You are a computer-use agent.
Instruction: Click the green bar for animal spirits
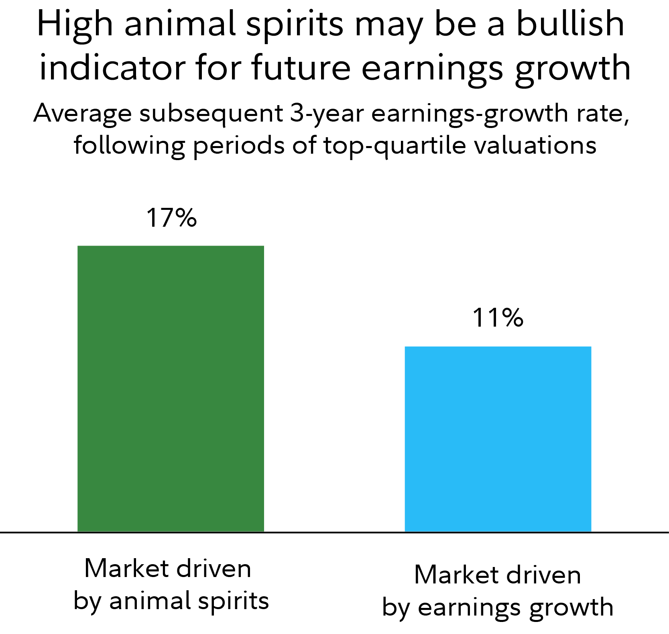[171, 388]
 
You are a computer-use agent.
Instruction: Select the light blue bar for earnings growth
[498, 439]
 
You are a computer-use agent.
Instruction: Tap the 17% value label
[171, 218]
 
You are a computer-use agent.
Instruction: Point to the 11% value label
[498, 318]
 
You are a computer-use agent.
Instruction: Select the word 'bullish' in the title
[570, 24]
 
